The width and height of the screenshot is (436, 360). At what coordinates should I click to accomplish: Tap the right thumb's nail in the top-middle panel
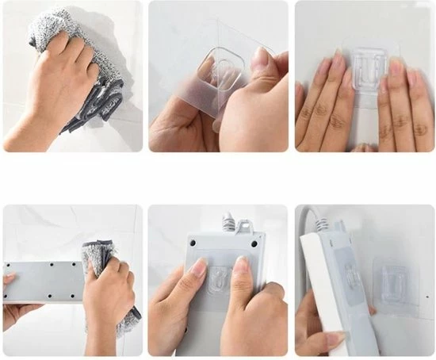pos(260,59)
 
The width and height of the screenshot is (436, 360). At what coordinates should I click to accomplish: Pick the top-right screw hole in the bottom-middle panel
pos(254,243)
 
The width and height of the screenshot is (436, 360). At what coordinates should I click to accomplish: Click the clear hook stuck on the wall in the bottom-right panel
pos(394,282)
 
